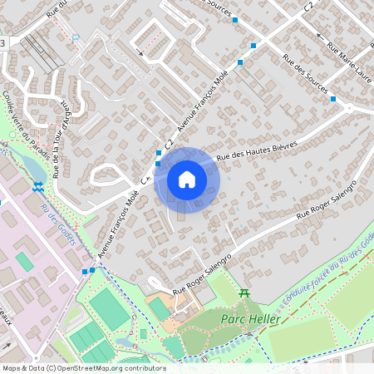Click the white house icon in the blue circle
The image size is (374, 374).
point(187,180)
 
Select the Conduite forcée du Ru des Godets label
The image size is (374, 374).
point(320,263)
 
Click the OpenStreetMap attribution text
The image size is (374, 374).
point(83,367)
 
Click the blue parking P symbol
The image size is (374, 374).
point(76,37)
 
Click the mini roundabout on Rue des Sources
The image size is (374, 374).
point(350,107)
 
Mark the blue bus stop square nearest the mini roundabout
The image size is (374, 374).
point(333,99)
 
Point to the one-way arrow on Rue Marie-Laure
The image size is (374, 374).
point(320,37)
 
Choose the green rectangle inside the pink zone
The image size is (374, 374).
point(24,262)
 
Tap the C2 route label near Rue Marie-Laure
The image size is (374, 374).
point(309,6)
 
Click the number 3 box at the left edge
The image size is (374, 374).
point(3,42)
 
